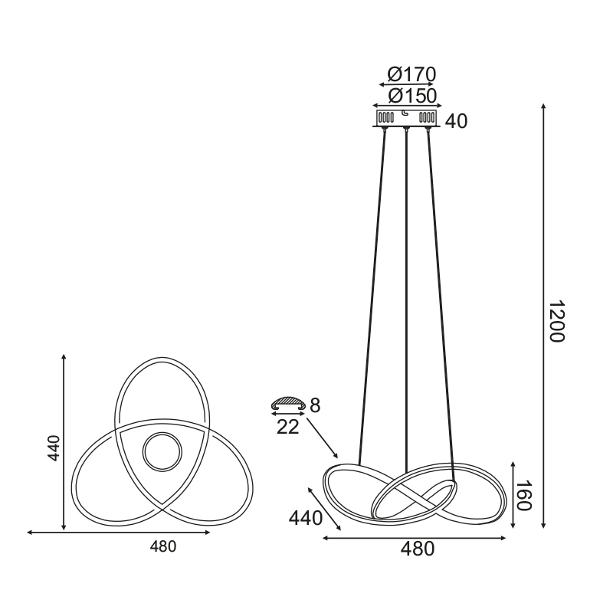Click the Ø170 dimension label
(x=411, y=74)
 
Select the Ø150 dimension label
(x=412, y=96)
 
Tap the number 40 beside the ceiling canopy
(x=456, y=121)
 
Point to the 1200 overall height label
(x=556, y=321)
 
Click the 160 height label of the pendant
(x=524, y=495)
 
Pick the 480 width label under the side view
(x=417, y=549)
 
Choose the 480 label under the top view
(x=163, y=546)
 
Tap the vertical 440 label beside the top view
(x=54, y=448)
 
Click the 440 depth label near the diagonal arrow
(x=305, y=519)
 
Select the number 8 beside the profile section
(x=315, y=405)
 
